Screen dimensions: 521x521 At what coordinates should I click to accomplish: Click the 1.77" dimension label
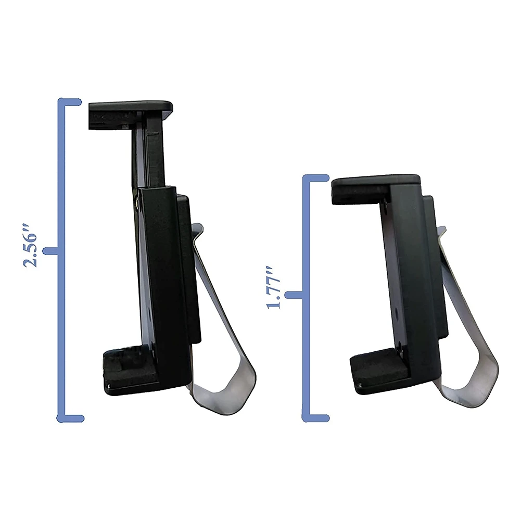pyautogui.click(x=274, y=288)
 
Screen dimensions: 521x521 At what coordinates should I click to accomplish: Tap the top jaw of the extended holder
pyautogui.click(x=130, y=108)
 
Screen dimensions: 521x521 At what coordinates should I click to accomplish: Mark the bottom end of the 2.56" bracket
pyautogui.click(x=70, y=417)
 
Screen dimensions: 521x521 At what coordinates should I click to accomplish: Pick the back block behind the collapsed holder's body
pyautogui.click(x=437, y=265)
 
